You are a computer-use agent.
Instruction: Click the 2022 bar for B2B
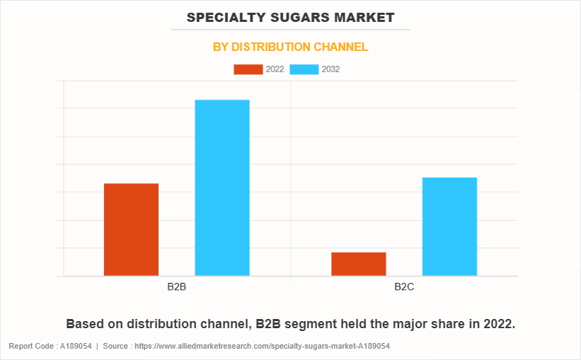(x=131, y=229)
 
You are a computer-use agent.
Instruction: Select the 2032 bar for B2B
(x=222, y=187)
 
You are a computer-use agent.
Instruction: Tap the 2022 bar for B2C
(x=359, y=264)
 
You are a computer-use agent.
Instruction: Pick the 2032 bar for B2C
(x=449, y=226)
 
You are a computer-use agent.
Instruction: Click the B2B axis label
(x=177, y=288)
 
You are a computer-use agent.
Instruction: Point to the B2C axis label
(x=404, y=288)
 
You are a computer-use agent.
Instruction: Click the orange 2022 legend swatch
(x=248, y=69)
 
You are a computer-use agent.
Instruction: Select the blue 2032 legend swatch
(x=304, y=69)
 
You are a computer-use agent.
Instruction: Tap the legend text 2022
(x=275, y=69)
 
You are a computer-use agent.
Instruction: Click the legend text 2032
(x=330, y=69)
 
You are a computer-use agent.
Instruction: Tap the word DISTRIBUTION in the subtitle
(x=272, y=47)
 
